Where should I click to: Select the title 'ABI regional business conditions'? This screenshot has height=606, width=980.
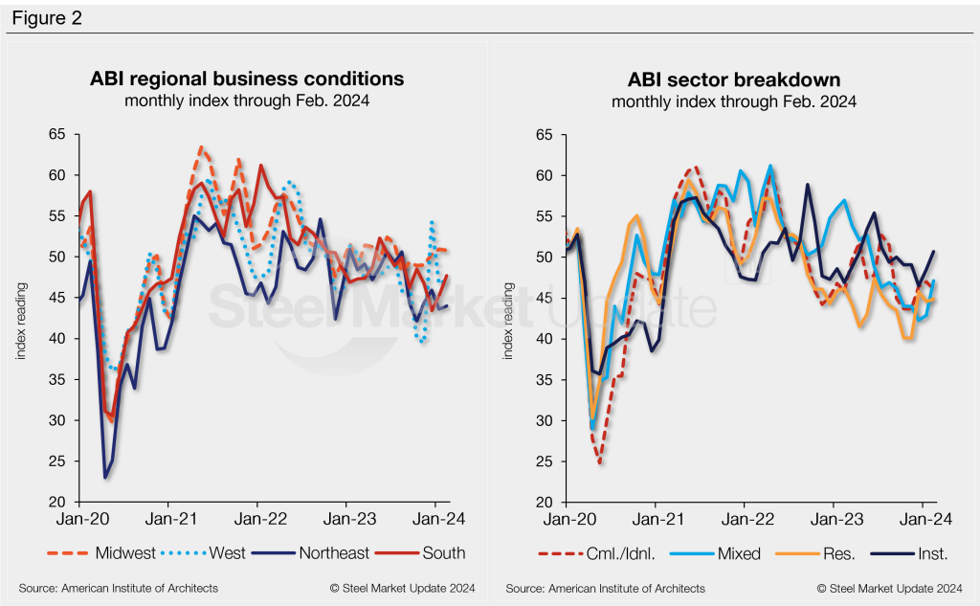[247, 79]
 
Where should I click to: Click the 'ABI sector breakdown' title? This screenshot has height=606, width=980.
[734, 79]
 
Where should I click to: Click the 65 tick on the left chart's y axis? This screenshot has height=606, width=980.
[56, 135]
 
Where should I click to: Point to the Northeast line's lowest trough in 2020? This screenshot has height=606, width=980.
[105, 477]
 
